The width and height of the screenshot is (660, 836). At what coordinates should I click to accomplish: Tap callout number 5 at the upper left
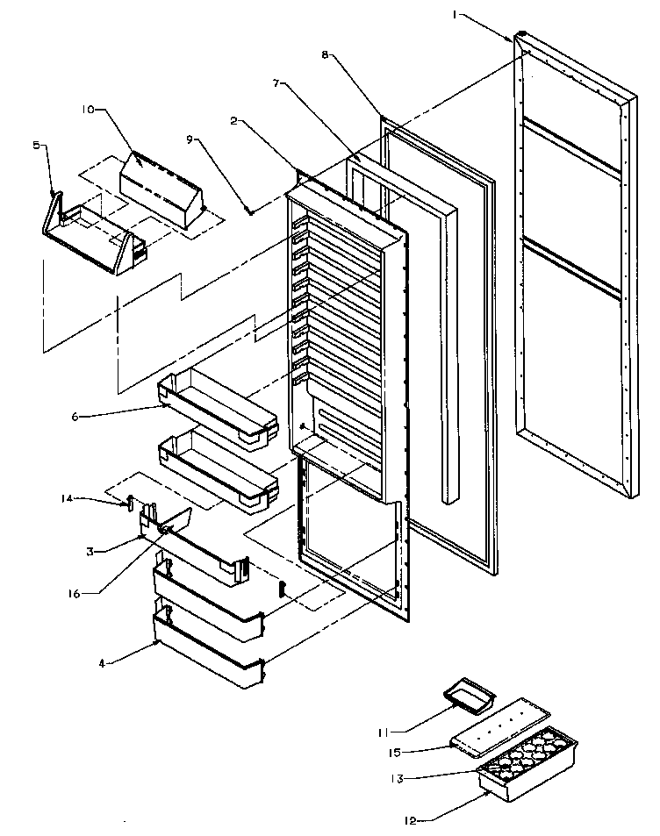(x=37, y=146)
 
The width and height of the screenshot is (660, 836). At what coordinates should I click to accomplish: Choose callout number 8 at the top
(x=326, y=54)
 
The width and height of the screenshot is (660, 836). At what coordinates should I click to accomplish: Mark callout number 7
(x=277, y=82)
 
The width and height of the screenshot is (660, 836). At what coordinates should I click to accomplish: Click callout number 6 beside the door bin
(x=75, y=416)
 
